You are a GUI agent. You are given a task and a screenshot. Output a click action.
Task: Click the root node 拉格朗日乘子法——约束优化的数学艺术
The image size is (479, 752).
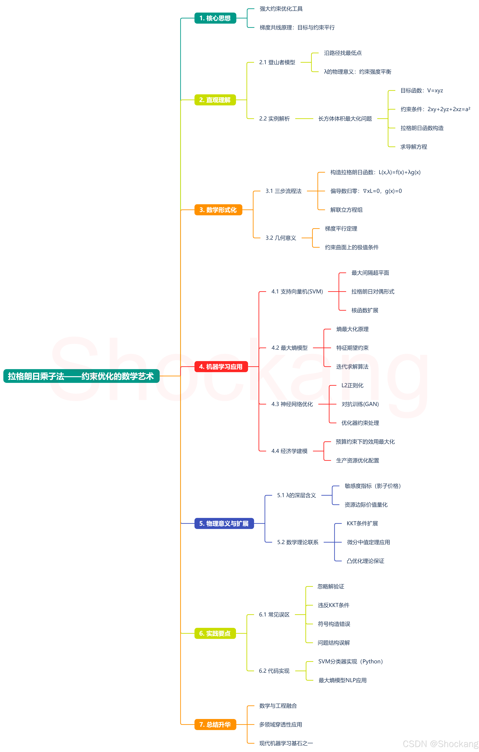click(x=81, y=376)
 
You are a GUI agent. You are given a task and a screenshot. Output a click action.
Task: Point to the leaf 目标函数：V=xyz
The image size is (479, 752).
click(x=422, y=90)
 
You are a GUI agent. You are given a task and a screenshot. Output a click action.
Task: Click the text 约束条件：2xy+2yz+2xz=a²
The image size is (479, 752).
click(x=435, y=109)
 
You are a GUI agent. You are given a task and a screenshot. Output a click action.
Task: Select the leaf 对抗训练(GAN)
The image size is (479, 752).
click(x=360, y=404)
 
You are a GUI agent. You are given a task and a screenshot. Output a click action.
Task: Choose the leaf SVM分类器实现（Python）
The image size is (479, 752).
click(x=350, y=662)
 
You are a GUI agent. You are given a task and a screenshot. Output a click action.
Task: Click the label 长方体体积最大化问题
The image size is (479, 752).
click(x=345, y=119)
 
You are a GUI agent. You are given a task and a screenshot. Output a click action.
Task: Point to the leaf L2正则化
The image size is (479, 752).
click(x=352, y=385)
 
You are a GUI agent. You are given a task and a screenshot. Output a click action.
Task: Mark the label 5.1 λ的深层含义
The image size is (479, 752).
click(x=296, y=495)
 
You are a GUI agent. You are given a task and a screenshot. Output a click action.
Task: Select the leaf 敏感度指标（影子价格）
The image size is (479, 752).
click(x=373, y=486)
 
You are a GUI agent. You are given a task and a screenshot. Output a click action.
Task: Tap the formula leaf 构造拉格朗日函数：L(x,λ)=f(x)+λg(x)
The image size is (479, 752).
click(x=375, y=172)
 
